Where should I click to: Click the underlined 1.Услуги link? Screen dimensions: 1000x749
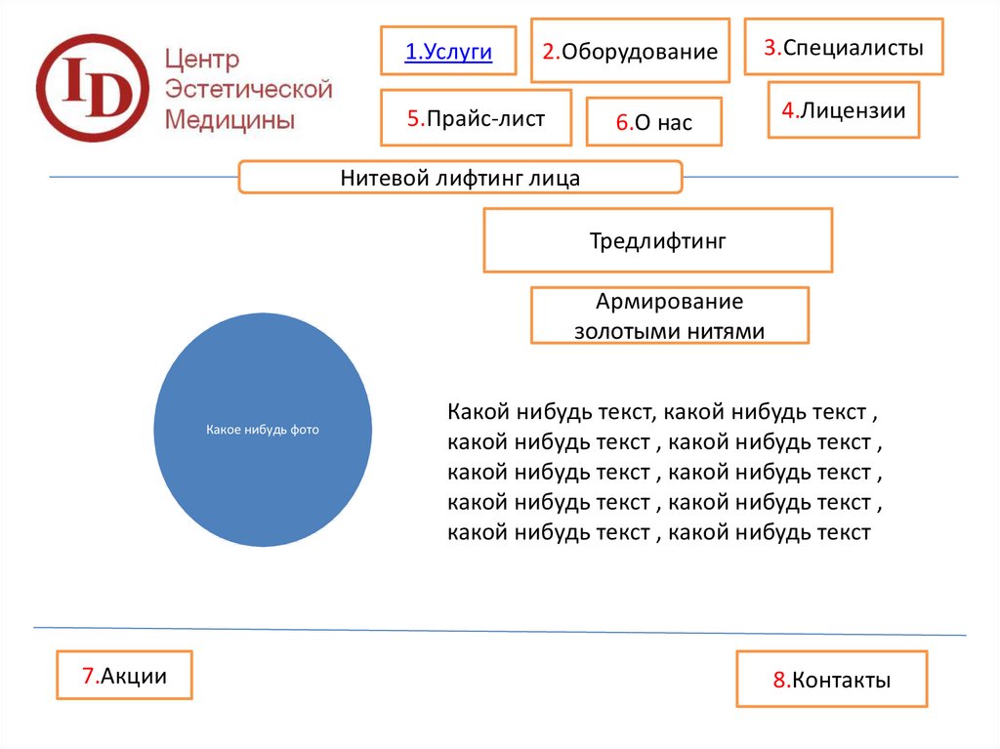click(x=448, y=51)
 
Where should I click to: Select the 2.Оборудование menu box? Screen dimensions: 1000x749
click(x=630, y=51)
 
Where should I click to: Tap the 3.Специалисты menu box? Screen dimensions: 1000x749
click(x=844, y=47)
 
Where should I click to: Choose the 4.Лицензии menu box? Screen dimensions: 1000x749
click(x=844, y=109)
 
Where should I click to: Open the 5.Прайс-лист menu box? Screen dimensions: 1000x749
click(x=476, y=118)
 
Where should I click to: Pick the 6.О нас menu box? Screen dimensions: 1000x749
click(x=654, y=122)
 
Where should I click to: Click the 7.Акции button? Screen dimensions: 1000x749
click(x=124, y=675)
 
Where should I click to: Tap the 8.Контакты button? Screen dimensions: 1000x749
click(x=832, y=679)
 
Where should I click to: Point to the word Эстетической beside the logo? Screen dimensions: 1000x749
click(x=249, y=89)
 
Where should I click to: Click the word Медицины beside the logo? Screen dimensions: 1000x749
click(x=229, y=119)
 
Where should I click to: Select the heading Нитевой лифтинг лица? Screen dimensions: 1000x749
click(x=460, y=178)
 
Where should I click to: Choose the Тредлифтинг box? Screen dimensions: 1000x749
click(x=658, y=240)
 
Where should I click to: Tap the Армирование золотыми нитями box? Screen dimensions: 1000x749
click(x=670, y=315)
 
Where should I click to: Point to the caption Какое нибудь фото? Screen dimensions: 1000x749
click(x=263, y=430)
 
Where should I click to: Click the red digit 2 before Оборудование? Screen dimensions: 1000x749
click(x=549, y=51)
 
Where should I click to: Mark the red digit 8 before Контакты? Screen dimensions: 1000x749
click(x=779, y=680)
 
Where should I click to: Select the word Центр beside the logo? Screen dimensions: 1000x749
click(x=202, y=59)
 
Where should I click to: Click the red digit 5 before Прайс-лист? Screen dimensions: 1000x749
click(x=413, y=118)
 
